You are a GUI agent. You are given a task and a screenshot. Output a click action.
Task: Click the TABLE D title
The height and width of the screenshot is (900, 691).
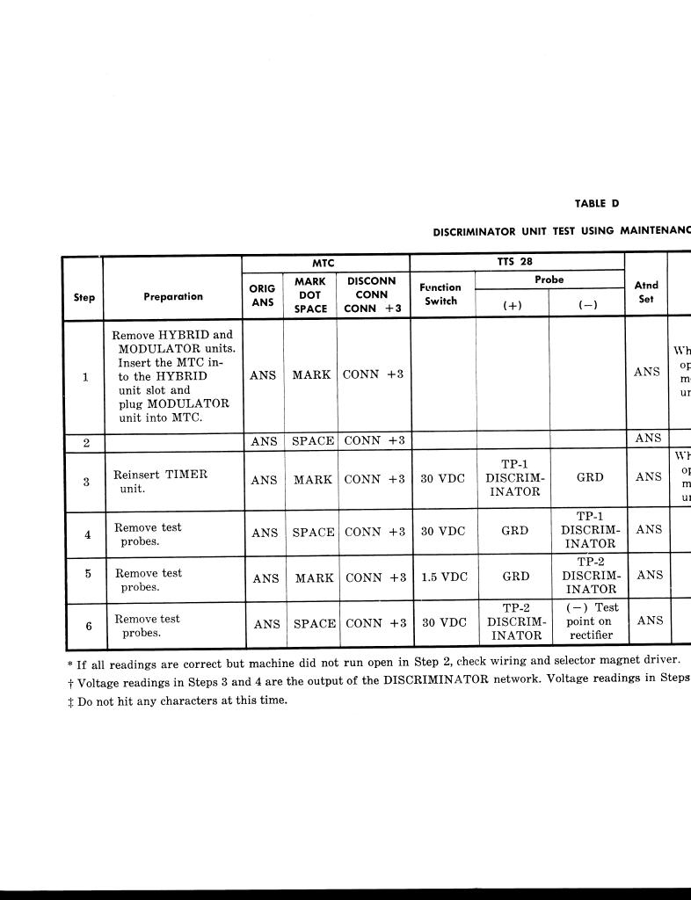(597, 204)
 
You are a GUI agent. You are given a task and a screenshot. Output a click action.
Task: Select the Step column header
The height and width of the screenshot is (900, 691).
(84, 297)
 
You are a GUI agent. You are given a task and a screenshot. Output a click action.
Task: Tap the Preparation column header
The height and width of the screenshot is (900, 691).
(173, 297)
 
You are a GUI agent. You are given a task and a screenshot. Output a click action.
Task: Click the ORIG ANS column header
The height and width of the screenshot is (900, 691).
(263, 295)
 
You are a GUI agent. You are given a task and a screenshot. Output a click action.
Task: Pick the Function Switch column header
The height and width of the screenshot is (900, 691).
(440, 294)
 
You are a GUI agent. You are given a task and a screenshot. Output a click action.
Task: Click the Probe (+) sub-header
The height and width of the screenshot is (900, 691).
(512, 305)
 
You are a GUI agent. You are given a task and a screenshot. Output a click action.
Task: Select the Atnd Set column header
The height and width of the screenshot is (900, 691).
(646, 292)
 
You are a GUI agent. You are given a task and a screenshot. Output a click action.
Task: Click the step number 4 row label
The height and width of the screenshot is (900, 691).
(87, 533)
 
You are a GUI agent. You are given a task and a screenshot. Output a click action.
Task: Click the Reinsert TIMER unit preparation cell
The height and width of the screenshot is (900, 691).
(160, 481)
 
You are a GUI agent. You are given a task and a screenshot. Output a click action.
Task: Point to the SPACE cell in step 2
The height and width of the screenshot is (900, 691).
(314, 441)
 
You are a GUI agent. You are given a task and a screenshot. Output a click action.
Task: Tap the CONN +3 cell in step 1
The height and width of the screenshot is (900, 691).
(373, 374)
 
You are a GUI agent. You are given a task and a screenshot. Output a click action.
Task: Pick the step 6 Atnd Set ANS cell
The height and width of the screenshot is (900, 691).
(650, 621)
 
